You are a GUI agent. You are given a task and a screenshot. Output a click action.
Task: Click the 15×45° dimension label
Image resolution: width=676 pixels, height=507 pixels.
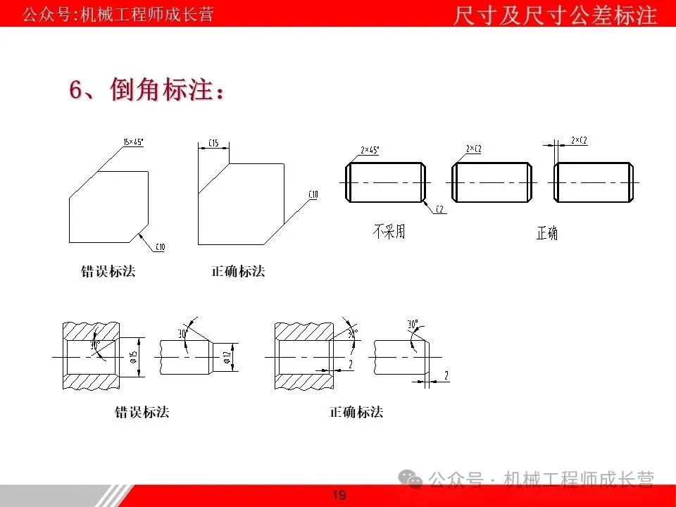point(133,142)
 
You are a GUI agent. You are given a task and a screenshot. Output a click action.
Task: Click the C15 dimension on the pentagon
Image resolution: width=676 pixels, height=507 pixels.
point(213,143)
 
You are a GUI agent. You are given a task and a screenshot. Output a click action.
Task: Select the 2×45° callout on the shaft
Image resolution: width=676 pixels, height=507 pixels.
point(370,150)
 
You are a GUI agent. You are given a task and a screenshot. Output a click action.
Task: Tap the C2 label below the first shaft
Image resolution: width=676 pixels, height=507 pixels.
point(439,209)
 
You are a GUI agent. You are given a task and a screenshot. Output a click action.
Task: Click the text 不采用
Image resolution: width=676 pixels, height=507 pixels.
point(389,231)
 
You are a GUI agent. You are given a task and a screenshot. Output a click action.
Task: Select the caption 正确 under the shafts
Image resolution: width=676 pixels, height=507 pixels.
point(546,233)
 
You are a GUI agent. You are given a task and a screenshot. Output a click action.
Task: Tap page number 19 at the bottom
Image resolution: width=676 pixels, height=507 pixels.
point(339,496)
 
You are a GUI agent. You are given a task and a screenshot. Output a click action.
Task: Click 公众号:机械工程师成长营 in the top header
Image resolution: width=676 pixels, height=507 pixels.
point(118,15)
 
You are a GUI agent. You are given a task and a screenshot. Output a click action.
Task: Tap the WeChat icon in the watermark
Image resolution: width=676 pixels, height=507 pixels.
point(411,480)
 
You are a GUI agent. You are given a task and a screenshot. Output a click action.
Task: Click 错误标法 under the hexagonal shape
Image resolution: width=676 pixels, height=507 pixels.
point(108,271)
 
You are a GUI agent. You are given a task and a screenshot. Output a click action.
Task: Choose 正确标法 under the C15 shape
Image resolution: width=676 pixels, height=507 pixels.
point(238,271)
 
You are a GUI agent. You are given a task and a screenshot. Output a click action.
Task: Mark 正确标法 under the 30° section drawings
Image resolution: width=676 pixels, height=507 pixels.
point(356,412)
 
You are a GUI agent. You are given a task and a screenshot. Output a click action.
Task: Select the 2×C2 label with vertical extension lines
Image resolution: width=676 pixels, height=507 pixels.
point(579,141)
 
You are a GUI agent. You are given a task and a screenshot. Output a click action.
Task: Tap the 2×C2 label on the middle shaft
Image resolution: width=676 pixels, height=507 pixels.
point(473,149)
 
